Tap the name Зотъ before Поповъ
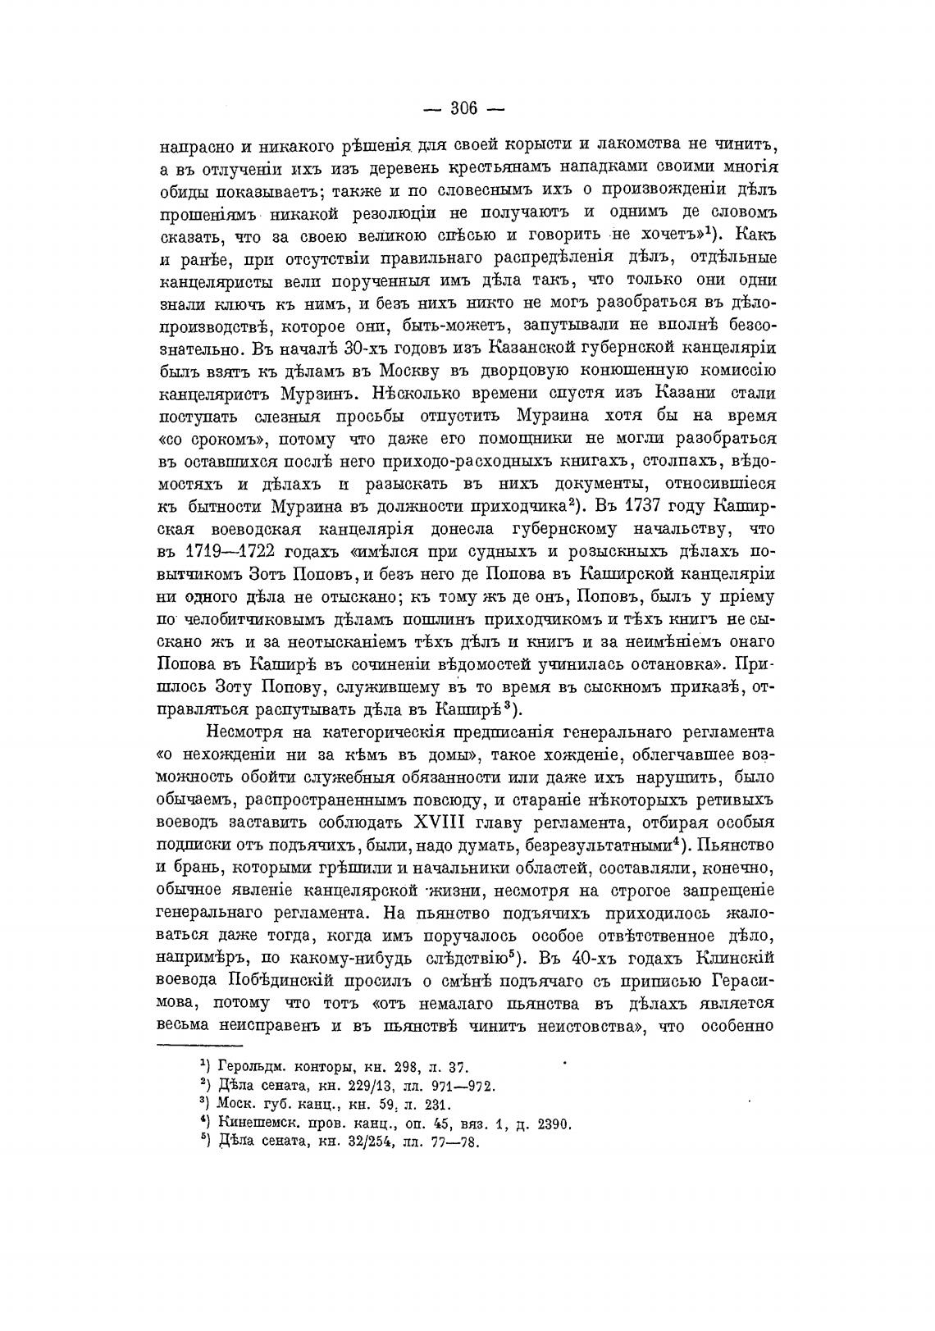coord(280,567)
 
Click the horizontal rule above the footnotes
coord(199,1046)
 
